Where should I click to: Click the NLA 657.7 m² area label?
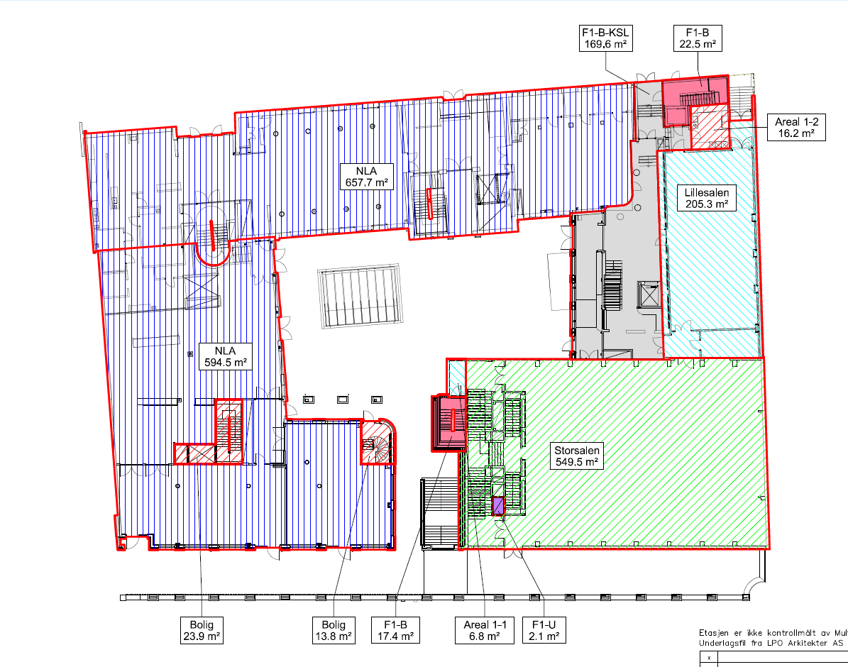[x=366, y=177]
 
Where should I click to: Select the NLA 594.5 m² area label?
[x=225, y=356]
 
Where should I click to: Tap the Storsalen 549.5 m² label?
[x=576, y=456]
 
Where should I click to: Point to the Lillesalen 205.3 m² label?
[x=706, y=198]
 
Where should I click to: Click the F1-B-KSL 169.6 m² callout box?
[x=605, y=38]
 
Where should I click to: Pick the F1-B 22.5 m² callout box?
[x=697, y=38]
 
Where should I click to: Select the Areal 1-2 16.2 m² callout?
[x=796, y=128]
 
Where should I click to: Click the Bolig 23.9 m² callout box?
[x=202, y=630]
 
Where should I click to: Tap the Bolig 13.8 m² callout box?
[x=333, y=630]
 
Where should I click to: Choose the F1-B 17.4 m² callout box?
[x=395, y=630]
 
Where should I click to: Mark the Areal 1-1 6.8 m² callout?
[x=485, y=630]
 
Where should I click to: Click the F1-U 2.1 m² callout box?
[x=544, y=630]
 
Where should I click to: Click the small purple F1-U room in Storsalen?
[x=497, y=506]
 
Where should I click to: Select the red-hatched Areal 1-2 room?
[x=710, y=128]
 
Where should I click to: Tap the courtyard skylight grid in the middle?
[x=360, y=296]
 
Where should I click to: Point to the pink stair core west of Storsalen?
[x=449, y=423]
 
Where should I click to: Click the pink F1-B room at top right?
[x=695, y=100]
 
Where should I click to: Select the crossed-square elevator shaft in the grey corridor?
[x=648, y=294]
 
